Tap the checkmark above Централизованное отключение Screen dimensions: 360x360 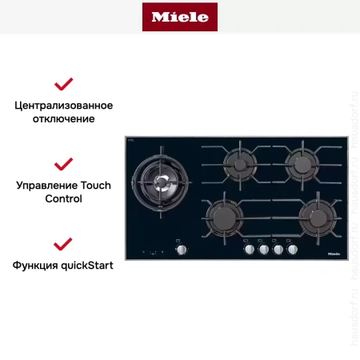[x=63, y=84]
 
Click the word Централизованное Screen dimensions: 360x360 [x=64, y=106]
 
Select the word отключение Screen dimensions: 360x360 [x=64, y=118]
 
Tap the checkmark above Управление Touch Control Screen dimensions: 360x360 [x=63, y=164]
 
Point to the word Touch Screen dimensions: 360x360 [x=97, y=185]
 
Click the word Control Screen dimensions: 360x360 [x=64, y=198]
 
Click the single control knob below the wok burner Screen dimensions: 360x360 [x=182, y=250]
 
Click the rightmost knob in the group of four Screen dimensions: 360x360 [x=292, y=250]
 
